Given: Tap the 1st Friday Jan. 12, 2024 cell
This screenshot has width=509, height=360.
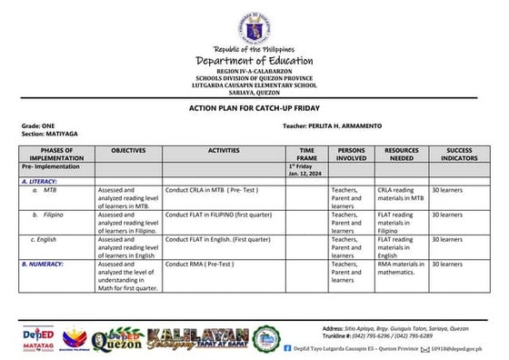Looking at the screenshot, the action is pos(300,170).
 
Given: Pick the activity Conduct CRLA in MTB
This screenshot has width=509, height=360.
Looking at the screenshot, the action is pos(208,189).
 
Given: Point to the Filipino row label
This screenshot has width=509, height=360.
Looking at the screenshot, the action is pos(56,215).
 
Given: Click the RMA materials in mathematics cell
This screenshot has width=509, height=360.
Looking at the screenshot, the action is pos(401,267).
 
